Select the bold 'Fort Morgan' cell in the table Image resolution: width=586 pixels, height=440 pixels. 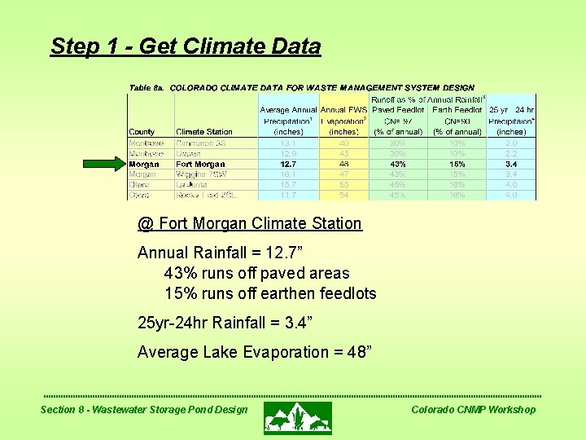[x=200, y=165]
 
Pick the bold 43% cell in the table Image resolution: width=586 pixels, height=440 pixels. [x=397, y=165]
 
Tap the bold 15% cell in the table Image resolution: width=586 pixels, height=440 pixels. [x=457, y=165]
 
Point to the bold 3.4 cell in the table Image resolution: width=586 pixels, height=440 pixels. [x=510, y=165]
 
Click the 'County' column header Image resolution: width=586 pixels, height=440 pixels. [x=142, y=132]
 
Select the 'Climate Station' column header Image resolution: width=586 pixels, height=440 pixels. [x=203, y=132]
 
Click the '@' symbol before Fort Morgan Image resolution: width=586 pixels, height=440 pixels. [x=146, y=224]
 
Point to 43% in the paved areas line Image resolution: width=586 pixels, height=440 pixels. [x=181, y=274]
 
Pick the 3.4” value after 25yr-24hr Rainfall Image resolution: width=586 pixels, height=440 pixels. [x=295, y=323]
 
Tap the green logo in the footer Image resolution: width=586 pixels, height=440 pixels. [x=297, y=417]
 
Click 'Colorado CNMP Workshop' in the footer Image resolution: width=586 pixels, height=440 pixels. [x=473, y=410]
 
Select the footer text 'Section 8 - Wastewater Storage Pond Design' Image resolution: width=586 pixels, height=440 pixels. [x=144, y=410]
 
